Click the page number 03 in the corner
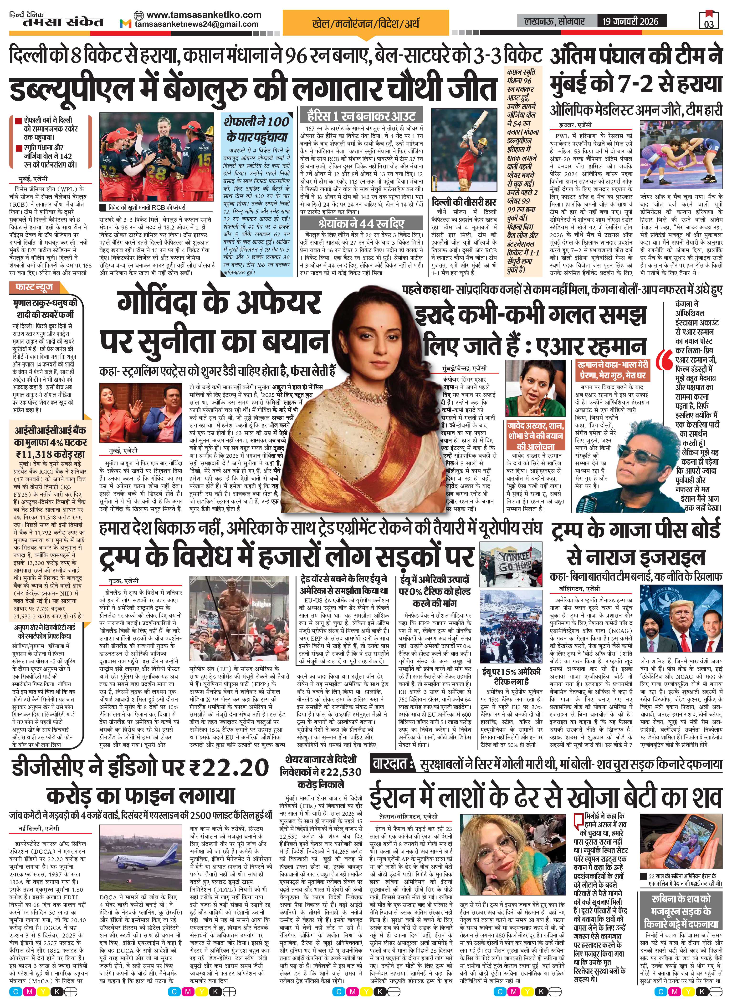pos(708,23)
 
